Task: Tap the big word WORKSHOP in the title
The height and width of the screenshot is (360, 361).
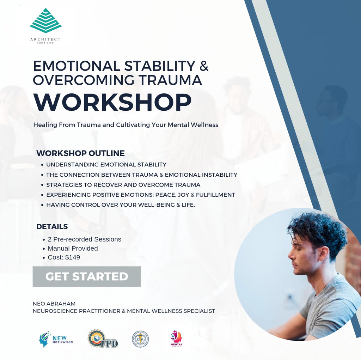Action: pyautogui.click(x=112, y=102)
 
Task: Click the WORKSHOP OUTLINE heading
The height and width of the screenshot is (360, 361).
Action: pyautogui.click(x=80, y=153)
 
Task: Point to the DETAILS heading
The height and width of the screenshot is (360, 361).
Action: pyautogui.click(x=52, y=227)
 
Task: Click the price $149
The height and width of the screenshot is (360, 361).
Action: pyautogui.click(x=73, y=257)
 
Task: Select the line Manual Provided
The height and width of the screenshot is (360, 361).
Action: pyautogui.click(x=73, y=248)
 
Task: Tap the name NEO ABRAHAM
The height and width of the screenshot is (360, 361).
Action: pyautogui.click(x=54, y=304)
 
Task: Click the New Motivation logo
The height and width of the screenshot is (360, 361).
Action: pyautogui.click(x=56, y=339)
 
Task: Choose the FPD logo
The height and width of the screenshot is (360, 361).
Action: pyautogui.click(x=103, y=339)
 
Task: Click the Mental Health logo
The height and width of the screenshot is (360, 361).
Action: pyautogui.click(x=176, y=339)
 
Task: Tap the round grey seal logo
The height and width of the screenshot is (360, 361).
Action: pyautogui.click(x=140, y=339)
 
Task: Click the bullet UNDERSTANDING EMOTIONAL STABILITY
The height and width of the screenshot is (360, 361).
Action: pyautogui.click(x=106, y=164)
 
